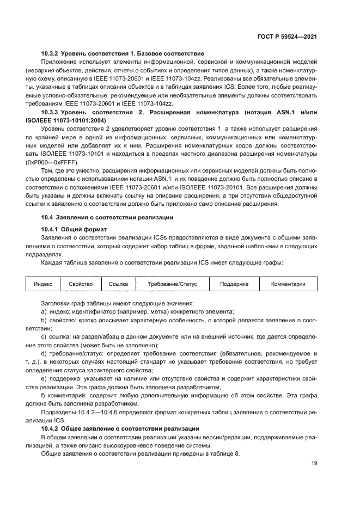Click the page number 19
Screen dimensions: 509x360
(314, 463)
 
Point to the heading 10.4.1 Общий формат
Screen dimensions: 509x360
(74, 229)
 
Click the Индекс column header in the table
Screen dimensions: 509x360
(42, 284)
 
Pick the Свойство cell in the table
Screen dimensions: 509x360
(81, 284)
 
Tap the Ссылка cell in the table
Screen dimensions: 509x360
(118, 284)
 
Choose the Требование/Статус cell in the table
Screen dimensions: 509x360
(172, 284)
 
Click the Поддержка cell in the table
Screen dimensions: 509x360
(234, 284)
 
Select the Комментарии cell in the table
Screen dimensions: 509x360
(288, 284)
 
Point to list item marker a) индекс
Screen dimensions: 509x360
(44, 311)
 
